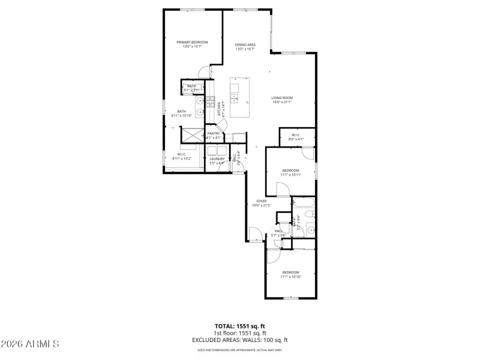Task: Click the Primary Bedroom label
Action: pos(192,42)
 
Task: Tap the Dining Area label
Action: pos(245,45)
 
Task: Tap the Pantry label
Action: pos(214,133)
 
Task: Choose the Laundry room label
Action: pos(217,158)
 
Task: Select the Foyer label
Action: pos(262,201)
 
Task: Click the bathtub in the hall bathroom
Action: pos(303,205)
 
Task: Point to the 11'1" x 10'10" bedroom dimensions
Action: pos(290,277)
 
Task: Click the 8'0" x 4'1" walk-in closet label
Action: pos(296,139)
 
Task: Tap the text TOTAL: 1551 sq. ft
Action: pos(240,326)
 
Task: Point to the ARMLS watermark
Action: pos(30,344)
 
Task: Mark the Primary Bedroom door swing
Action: pos(205,71)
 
